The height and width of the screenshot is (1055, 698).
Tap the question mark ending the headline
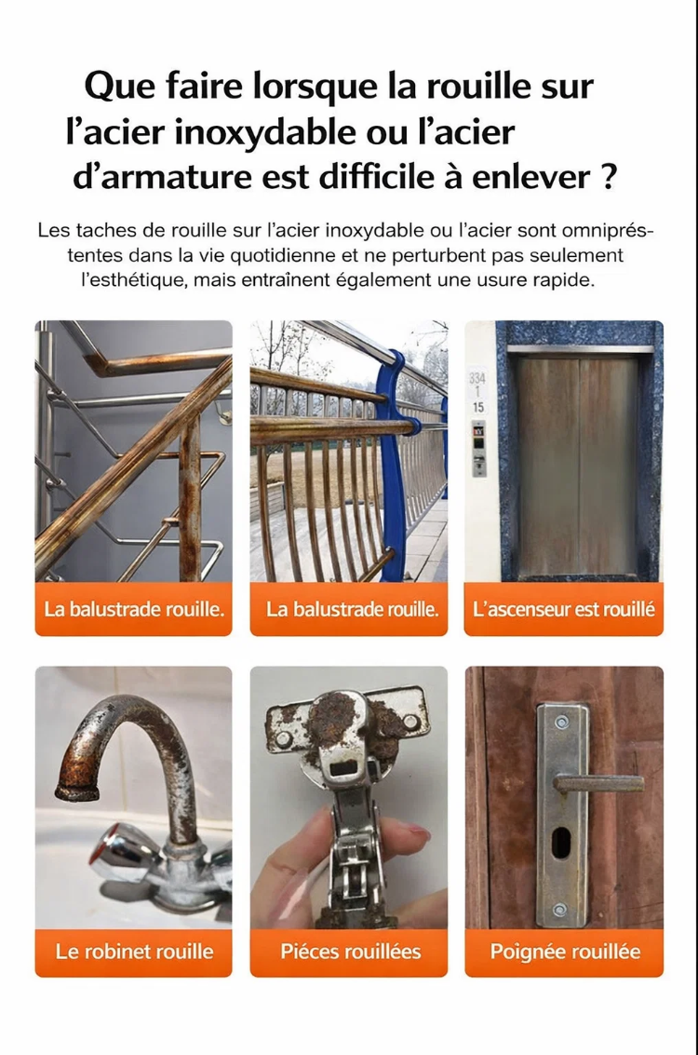point(607,178)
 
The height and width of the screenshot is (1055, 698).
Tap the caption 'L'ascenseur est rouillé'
point(563,610)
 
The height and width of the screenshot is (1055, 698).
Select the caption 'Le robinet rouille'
point(135,952)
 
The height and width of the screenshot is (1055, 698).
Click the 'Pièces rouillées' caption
point(350,952)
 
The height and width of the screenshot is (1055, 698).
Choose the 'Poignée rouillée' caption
point(565,952)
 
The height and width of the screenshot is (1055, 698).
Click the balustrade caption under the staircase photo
point(134,610)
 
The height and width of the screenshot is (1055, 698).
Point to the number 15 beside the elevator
point(478,407)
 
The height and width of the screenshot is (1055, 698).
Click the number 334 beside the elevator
point(477,379)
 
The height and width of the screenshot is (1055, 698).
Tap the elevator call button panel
point(478,449)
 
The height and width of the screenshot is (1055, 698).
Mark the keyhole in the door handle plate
point(560,843)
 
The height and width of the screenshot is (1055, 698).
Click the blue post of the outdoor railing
point(396,465)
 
